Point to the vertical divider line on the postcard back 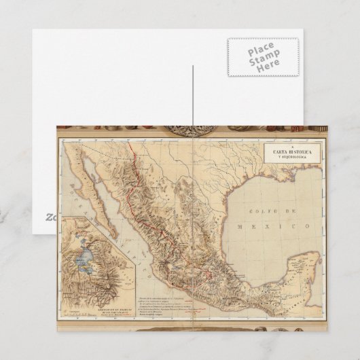click(194, 95)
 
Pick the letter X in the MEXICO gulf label click(272, 223)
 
